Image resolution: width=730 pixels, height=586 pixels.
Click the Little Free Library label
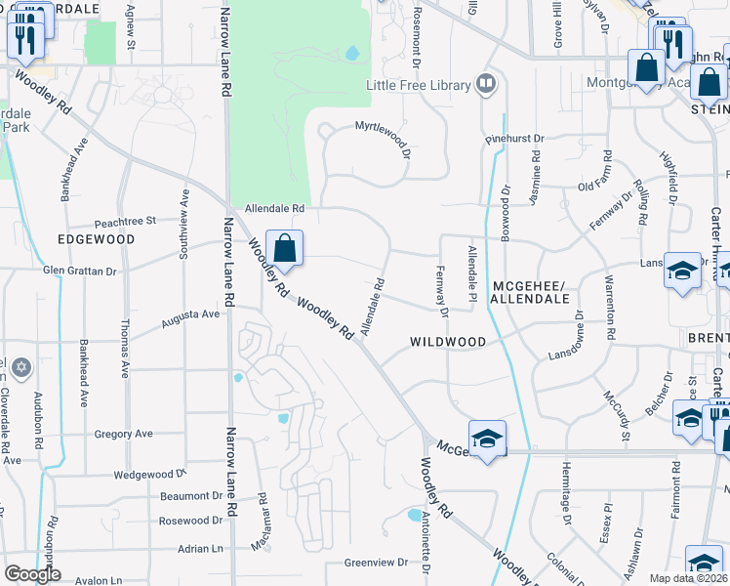point(418,85)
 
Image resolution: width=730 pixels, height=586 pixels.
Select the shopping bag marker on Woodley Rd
point(284,250)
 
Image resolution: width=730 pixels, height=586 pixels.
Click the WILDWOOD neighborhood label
point(448,342)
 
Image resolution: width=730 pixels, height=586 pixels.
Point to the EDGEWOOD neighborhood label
point(96,238)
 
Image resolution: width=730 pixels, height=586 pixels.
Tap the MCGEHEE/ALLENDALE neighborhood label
point(530,292)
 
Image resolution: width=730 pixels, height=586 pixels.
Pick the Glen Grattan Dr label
point(80,271)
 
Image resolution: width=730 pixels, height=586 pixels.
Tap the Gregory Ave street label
point(124,434)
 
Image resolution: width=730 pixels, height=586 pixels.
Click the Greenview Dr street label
point(376,563)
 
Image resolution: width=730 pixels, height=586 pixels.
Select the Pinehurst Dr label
point(514,141)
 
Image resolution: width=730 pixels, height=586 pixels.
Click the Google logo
point(33,574)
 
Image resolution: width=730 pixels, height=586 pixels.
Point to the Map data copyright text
point(689,578)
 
